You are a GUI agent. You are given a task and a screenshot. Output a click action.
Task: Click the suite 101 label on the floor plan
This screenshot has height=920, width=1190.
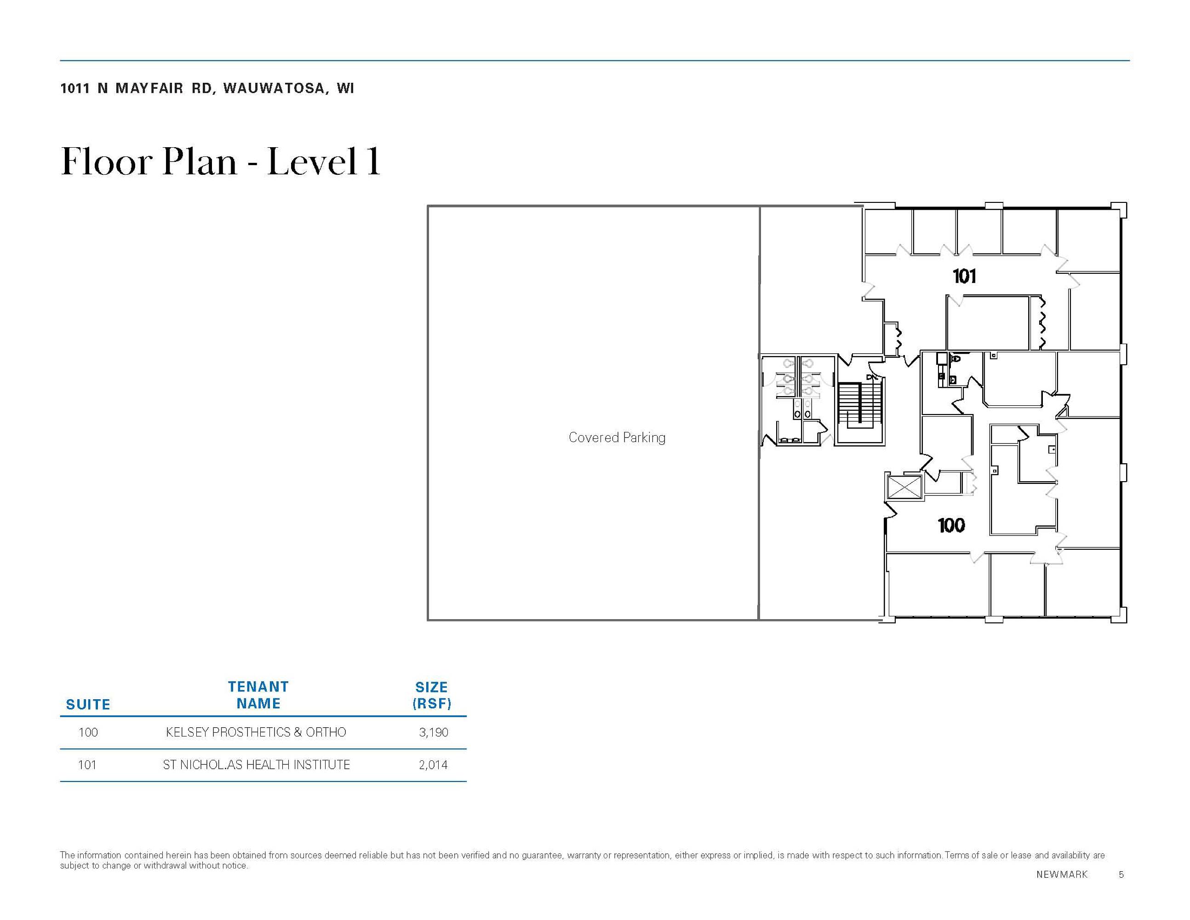pyautogui.click(x=964, y=276)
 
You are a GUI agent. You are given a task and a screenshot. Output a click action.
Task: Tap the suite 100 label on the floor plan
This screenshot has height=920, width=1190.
pyautogui.click(x=951, y=525)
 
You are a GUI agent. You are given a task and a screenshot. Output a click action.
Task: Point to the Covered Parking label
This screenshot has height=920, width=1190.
pyautogui.click(x=617, y=437)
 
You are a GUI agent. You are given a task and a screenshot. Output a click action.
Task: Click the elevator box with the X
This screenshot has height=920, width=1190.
pyautogui.click(x=904, y=487)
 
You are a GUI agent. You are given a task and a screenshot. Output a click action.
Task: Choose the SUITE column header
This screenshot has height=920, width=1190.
pyautogui.click(x=88, y=705)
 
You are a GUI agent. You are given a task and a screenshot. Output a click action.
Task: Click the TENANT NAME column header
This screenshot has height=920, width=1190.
pyautogui.click(x=258, y=695)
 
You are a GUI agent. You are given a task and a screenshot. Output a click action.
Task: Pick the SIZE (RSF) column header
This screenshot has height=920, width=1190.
pyautogui.click(x=432, y=696)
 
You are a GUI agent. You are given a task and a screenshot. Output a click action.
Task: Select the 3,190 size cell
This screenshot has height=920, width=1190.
pyautogui.click(x=434, y=732)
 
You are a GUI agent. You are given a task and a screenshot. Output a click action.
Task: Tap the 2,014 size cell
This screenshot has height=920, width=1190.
pyautogui.click(x=434, y=765)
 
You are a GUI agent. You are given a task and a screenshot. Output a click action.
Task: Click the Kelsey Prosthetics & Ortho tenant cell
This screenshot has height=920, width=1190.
pyautogui.click(x=256, y=732)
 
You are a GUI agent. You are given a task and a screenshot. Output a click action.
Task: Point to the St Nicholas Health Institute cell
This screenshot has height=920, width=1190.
pyautogui.click(x=256, y=765)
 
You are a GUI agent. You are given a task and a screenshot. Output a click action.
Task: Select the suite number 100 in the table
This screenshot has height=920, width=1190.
pyautogui.click(x=88, y=732)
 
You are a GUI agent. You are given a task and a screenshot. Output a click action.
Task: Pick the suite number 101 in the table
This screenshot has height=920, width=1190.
pyautogui.click(x=87, y=765)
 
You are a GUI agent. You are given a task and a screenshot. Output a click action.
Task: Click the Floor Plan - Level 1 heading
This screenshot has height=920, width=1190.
pyautogui.click(x=221, y=162)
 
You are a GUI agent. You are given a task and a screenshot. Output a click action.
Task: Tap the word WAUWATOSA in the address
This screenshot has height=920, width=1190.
pyautogui.click(x=274, y=88)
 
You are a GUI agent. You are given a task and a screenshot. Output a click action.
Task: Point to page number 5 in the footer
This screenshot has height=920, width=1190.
pyautogui.click(x=1121, y=874)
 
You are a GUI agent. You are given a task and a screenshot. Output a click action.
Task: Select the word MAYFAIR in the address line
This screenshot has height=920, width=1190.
pyautogui.click(x=149, y=88)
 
